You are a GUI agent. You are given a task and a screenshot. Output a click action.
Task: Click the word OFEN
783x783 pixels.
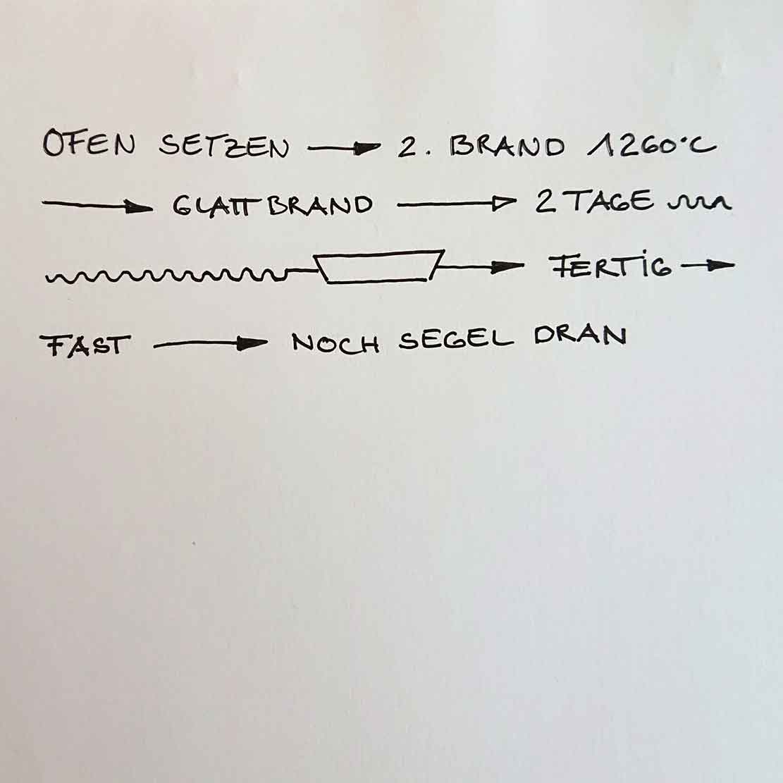coord(89,145)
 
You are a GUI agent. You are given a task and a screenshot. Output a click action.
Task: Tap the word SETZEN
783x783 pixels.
coord(224,147)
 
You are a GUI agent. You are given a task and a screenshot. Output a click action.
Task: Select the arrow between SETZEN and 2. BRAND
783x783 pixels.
coord(344,149)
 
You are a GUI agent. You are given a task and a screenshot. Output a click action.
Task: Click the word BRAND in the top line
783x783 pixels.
coord(507,147)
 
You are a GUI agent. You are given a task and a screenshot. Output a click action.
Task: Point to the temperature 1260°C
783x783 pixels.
coord(651,147)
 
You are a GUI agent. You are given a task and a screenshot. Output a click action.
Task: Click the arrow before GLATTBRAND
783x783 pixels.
coord(97,206)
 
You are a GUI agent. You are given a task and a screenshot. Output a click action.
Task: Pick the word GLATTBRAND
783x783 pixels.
coord(272,205)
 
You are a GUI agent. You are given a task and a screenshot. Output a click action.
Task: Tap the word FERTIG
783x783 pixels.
coord(610,266)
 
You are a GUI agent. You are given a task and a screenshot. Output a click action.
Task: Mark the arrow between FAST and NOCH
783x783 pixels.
coord(210,345)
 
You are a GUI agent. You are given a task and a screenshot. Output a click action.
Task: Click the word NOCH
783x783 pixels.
coord(335,343)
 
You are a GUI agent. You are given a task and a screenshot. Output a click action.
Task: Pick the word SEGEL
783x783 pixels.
coord(456,340)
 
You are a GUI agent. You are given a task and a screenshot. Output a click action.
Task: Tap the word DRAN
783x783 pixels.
coord(580,336)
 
